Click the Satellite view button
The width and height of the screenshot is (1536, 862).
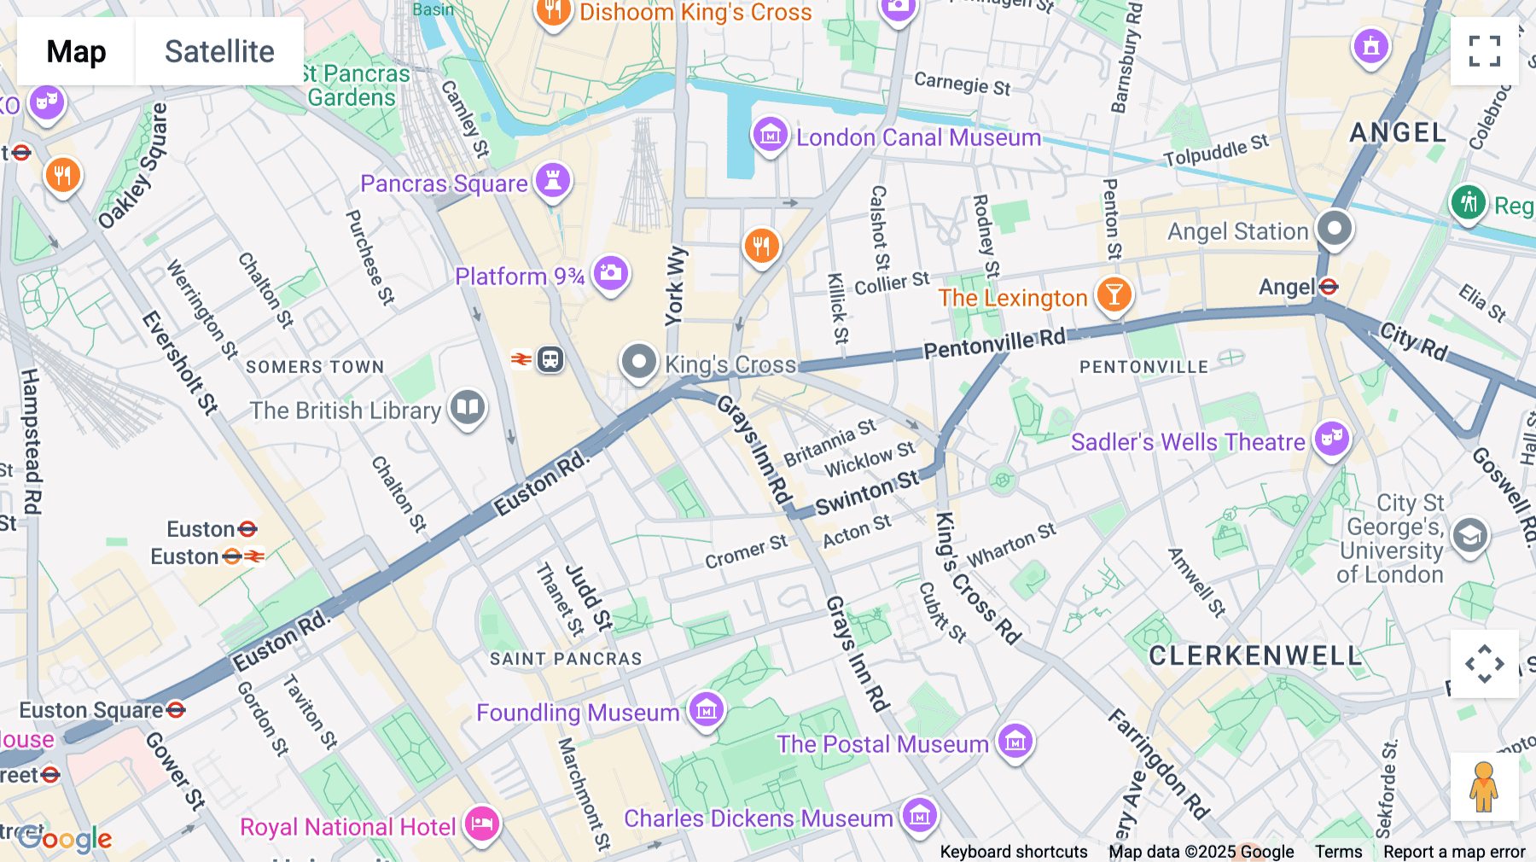click(x=219, y=51)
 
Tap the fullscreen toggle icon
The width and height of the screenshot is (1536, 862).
click(x=1484, y=51)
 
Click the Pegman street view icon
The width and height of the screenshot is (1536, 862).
click(x=1484, y=787)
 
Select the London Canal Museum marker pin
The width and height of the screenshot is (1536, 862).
click(x=770, y=135)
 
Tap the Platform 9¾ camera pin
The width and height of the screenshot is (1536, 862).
click(x=611, y=274)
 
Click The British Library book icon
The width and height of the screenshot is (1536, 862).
click(x=468, y=408)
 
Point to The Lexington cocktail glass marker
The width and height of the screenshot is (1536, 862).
click(x=1114, y=294)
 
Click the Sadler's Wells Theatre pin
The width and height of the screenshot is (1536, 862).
click(x=1331, y=440)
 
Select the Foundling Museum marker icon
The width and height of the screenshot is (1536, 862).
click(x=707, y=709)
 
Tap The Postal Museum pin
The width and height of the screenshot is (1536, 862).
click(x=1015, y=742)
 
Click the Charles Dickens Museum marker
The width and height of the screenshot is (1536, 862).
click(x=920, y=815)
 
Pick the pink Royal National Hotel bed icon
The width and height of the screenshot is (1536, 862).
click(x=482, y=824)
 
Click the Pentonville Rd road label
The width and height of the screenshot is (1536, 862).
click(x=994, y=344)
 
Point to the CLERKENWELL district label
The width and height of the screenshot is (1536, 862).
click(x=1255, y=655)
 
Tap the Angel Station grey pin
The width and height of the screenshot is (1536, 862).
click(x=1335, y=228)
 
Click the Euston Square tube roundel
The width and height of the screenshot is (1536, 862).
click(x=176, y=709)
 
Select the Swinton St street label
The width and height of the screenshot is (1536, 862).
click(x=867, y=492)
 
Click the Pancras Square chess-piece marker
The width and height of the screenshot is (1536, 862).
click(x=553, y=181)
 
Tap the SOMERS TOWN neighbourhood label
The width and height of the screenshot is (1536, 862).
click(x=315, y=367)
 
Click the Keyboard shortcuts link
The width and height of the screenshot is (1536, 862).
click(x=1013, y=851)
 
